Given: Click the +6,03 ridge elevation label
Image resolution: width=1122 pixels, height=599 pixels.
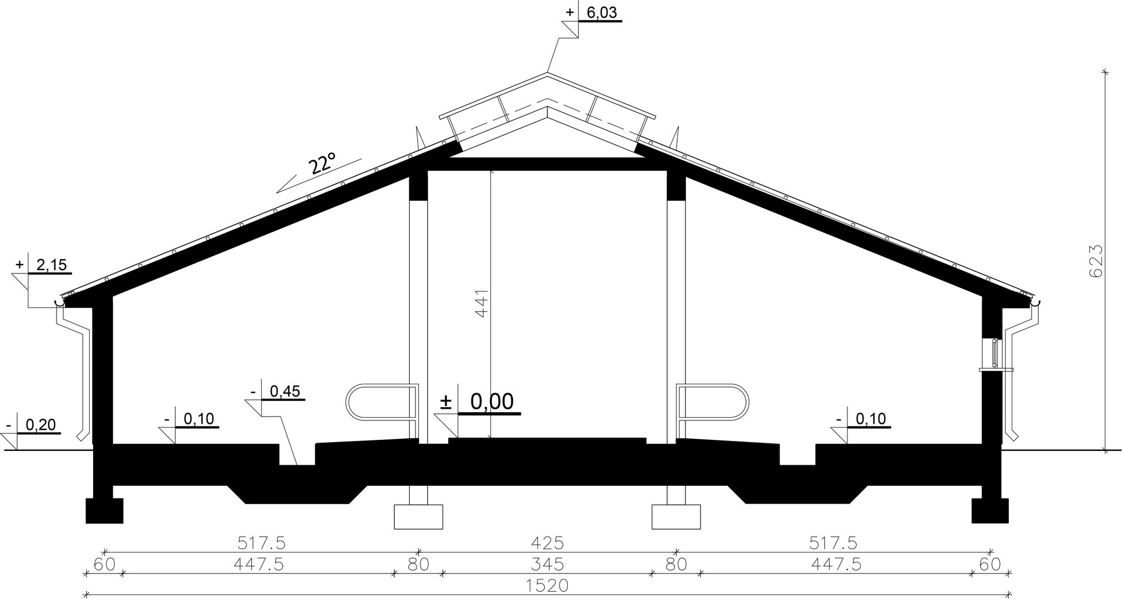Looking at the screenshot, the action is click(591, 12).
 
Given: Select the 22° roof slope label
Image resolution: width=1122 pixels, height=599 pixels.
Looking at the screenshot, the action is click(322, 165).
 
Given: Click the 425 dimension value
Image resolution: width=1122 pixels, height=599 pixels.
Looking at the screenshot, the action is click(547, 542).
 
